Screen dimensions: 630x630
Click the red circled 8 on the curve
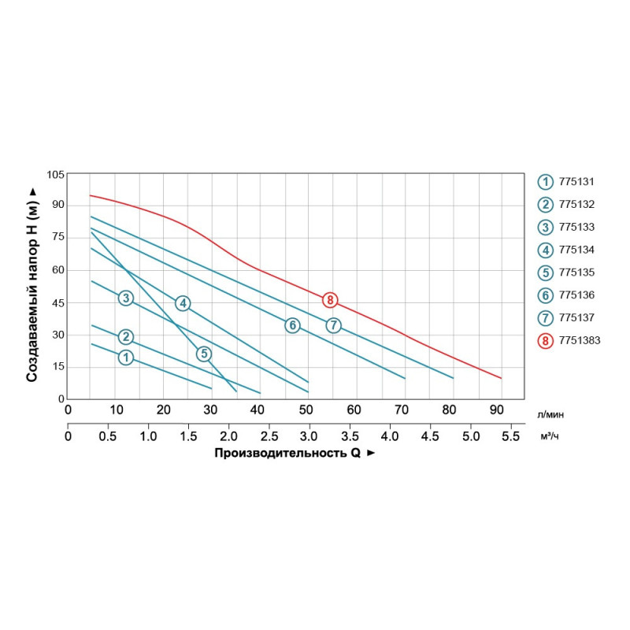pos(330,299)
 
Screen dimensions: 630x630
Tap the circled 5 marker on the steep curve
pos(204,354)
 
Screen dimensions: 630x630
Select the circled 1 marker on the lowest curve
pos(125,358)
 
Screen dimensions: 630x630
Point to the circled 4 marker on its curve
pos(183,303)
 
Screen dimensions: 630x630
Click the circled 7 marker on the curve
pos(333,325)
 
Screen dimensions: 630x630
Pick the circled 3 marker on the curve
pos(125,298)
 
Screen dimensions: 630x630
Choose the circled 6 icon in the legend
pos(545,295)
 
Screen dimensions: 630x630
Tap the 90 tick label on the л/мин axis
pos(496,409)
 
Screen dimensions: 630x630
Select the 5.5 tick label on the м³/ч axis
pos(511,435)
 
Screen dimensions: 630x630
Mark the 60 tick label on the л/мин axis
pos(354,409)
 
